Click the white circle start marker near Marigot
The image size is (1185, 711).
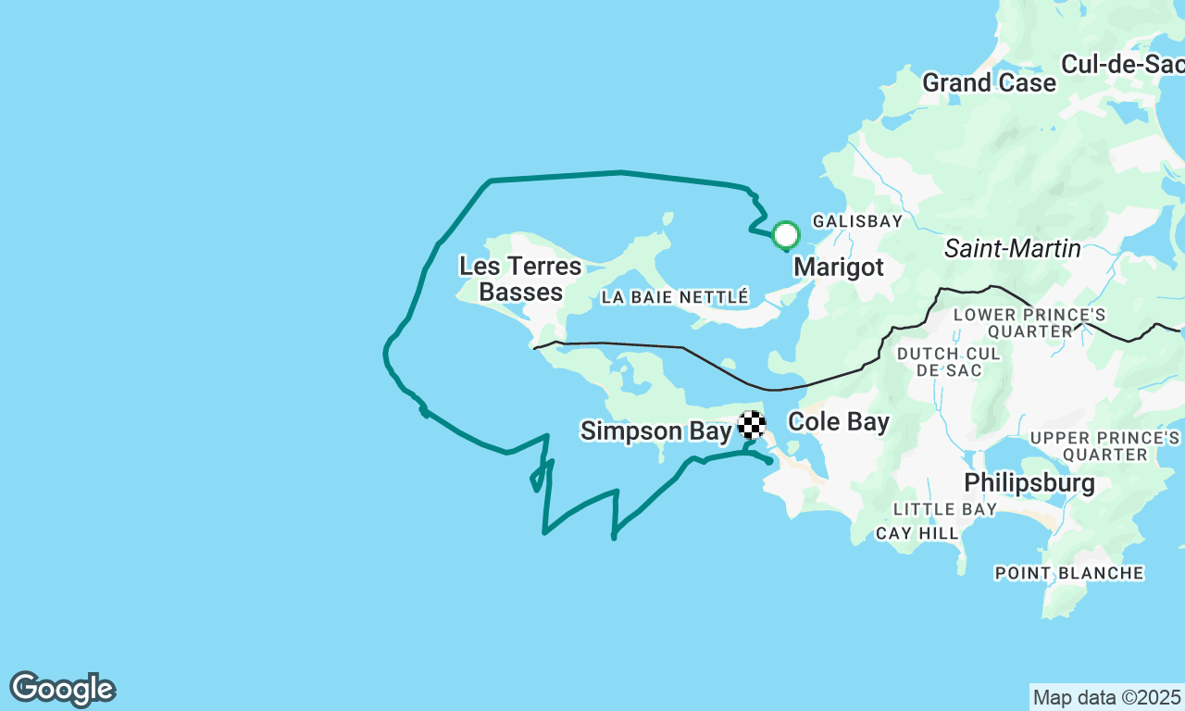pos(786,235)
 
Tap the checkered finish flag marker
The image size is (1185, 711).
pos(752,425)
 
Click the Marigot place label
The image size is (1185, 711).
pos(838,268)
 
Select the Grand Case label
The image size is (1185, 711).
pos(989,82)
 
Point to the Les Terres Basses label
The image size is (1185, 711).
pos(520,280)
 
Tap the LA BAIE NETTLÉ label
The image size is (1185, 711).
pos(674,297)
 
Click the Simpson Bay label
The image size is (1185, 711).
pos(655,430)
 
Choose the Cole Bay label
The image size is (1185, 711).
pos(838,422)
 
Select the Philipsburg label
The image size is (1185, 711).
pos(1029,482)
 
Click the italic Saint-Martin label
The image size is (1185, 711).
pos(1012,248)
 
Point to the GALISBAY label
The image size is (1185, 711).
pos(856,221)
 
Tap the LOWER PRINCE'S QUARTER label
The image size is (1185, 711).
pos(1029,323)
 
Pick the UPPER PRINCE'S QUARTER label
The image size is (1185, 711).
pos(1104,445)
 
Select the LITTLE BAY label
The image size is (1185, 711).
pos(944,509)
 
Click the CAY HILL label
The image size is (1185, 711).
pos(917,533)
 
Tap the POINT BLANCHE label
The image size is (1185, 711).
pos(1068,573)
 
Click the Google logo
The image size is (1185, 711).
pos(62,690)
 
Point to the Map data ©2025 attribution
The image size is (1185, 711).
pos(1106,697)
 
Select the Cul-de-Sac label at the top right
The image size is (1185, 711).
pos(1122,64)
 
